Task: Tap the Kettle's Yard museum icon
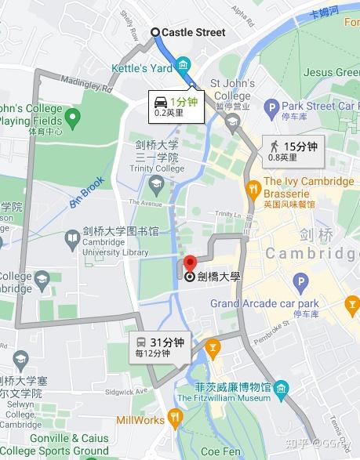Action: [184, 64]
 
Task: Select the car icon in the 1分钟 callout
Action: [160, 101]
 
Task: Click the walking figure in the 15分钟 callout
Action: [274, 146]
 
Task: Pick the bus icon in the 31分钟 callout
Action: [140, 342]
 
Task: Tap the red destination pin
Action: [189, 265]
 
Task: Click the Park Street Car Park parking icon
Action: [271, 106]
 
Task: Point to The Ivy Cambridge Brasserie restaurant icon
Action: [253, 188]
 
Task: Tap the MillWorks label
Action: [140, 420]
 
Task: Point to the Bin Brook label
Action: [86, 192]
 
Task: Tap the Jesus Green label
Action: [331, 72]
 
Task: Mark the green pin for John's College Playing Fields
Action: [73, 119]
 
